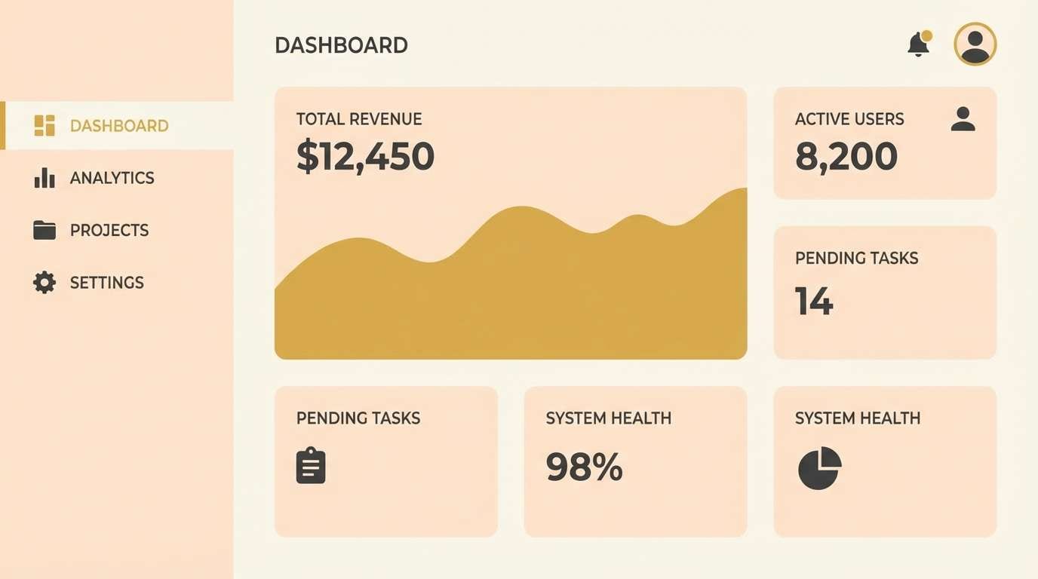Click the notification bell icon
click(918, 44)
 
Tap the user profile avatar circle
click(975, 44)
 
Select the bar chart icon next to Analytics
click(45, 178)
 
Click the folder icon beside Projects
click(45, 230)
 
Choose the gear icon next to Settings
click(45, 283)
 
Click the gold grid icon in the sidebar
click(45, 126)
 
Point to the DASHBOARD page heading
click(341, 45)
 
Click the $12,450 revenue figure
click(365, 156)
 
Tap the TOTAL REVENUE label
click(359, 119)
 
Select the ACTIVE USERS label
click(849, 119)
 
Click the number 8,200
click(846, 156)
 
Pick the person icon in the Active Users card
click(963, 119)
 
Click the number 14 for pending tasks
click(814, 301)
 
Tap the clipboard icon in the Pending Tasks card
click(311, 465)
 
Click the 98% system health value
click(584, 467)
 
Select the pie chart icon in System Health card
click(819, 468)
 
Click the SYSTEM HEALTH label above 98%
click(608, 418)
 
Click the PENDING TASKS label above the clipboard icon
click(358, 418)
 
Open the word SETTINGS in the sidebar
click(107, 283)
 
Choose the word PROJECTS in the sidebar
click(109, 230)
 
